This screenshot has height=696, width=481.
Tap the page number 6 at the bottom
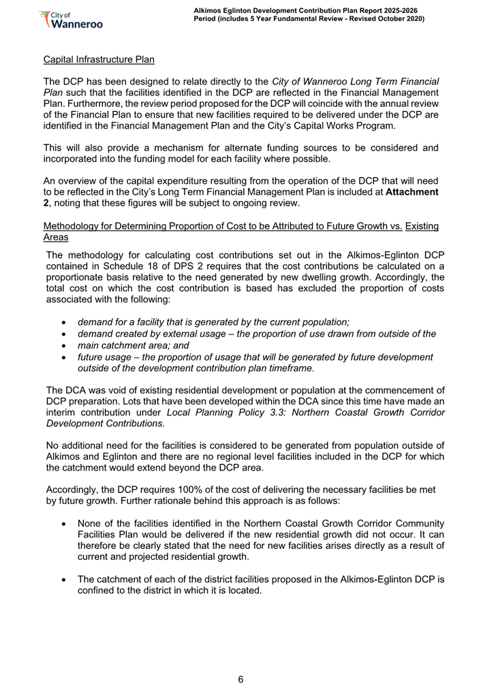point(240,679)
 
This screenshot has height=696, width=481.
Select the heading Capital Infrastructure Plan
point(99,59)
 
